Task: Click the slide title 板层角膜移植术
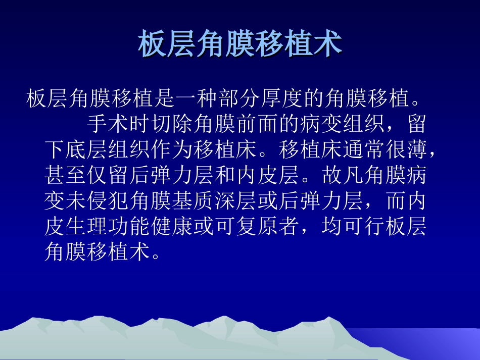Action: click(240, 44)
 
